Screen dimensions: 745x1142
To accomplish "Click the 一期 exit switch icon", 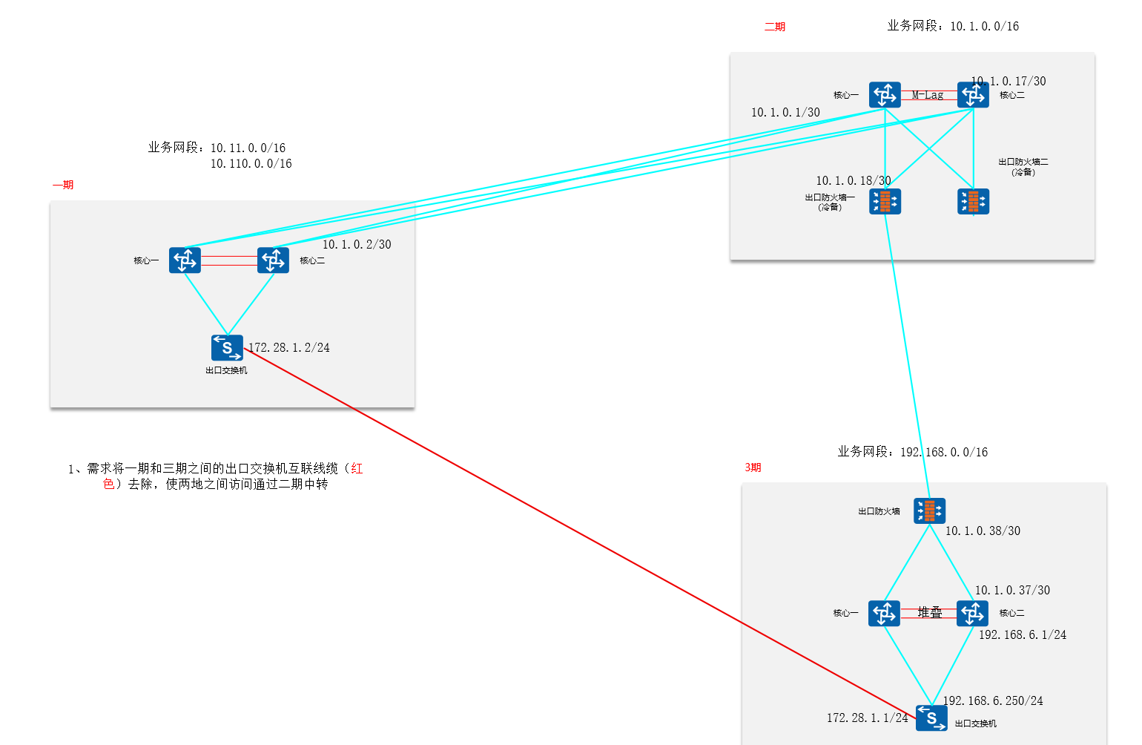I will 227,347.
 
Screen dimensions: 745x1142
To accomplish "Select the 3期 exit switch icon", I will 931,718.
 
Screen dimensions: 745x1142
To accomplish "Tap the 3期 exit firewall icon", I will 929,511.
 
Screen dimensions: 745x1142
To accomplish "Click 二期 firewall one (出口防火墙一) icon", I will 885,201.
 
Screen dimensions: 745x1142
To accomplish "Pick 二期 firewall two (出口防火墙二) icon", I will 973,201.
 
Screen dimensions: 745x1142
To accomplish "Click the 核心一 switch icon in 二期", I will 885,95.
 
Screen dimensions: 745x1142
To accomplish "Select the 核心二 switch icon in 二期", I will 973,95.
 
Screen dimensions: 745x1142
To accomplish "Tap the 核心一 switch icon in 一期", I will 185,260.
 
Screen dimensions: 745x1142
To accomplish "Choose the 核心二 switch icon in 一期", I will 273,260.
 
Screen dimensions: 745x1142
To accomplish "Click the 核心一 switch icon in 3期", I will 884,613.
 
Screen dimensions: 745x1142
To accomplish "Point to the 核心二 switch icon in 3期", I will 972,613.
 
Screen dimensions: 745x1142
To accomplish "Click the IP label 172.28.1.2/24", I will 289,347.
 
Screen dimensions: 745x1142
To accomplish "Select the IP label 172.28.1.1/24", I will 867,718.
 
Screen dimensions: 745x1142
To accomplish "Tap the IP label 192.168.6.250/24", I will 993,700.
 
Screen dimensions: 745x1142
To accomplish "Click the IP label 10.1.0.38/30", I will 983,531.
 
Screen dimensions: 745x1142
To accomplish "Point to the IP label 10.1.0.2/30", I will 357,244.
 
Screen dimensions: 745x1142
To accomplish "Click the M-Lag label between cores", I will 928,95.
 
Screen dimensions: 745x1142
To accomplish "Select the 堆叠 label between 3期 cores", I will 930,612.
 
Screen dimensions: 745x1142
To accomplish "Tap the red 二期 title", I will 775,27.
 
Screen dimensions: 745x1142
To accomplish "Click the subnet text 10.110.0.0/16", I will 251,163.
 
